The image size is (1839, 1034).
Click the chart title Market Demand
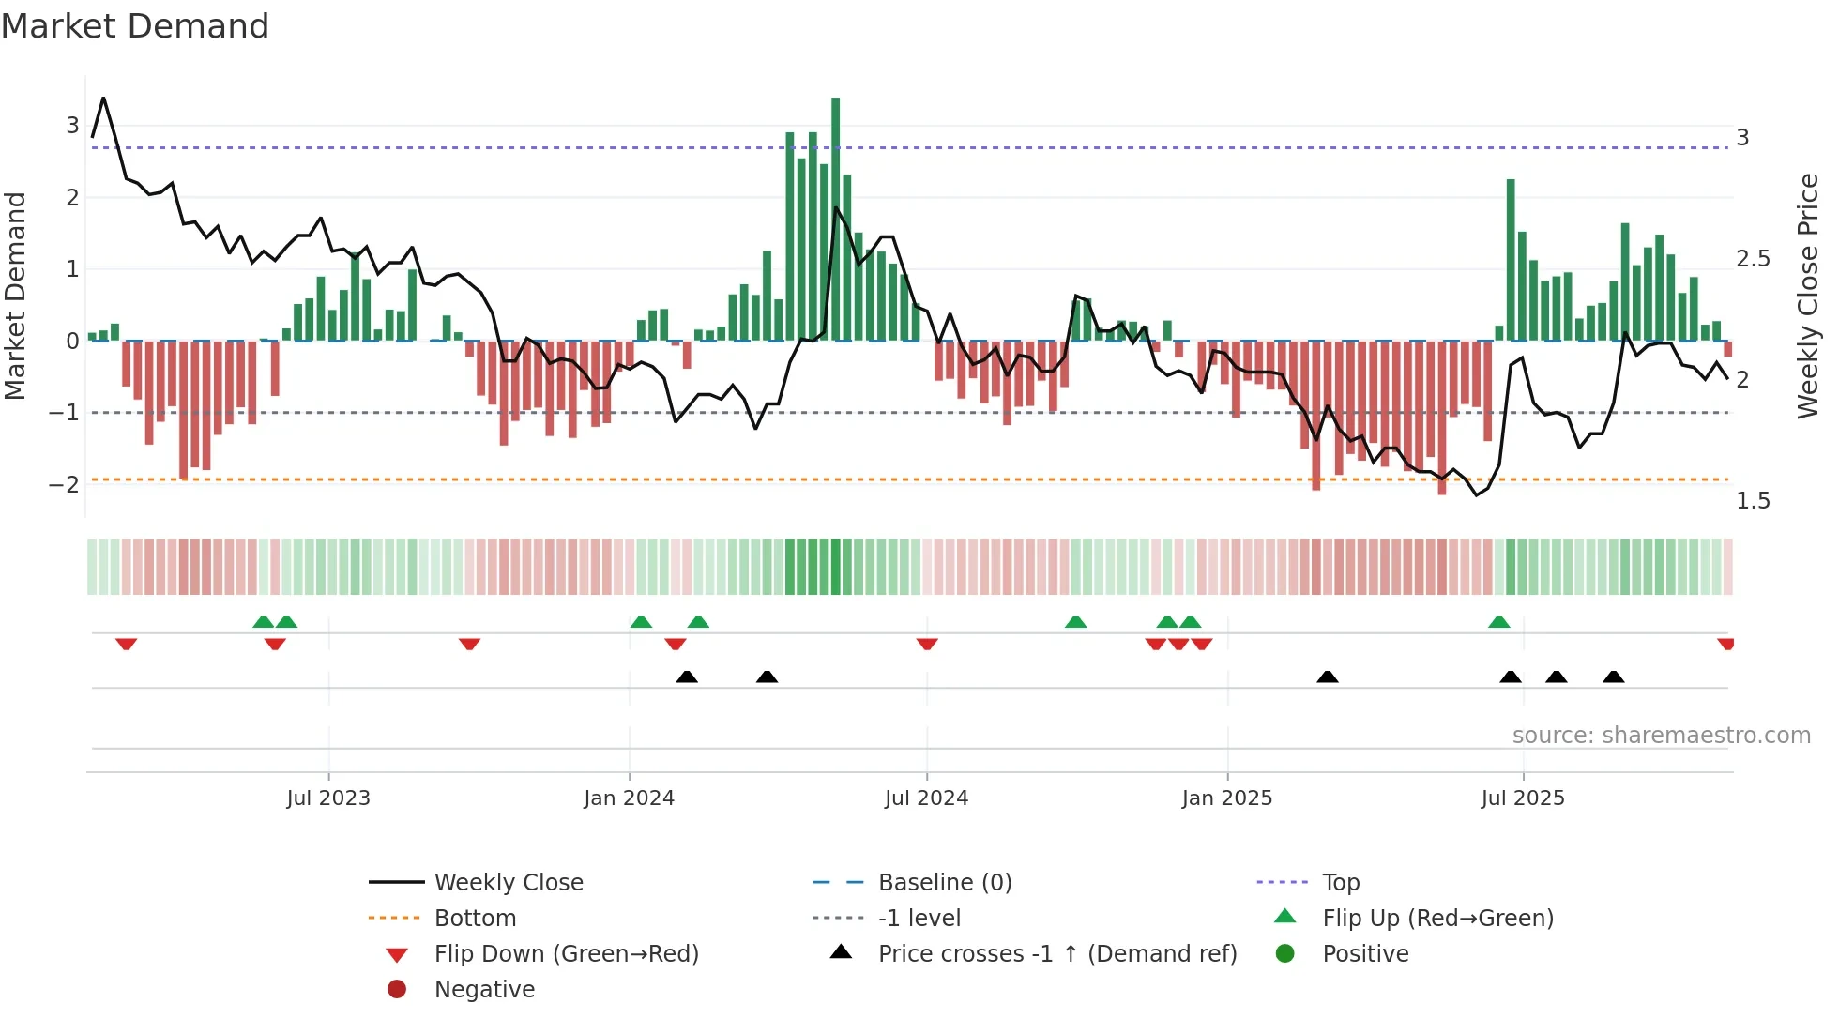point(135,26)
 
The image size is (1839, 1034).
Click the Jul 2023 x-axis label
point(328,798)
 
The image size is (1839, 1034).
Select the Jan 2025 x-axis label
point(1226,798)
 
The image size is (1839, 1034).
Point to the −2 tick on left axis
point(64,485)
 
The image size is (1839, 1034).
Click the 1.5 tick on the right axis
point(1753,501)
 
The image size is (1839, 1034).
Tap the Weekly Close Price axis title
point(1807,296)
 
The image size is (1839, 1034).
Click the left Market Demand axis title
point(16,296)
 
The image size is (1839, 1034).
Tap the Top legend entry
point(1341,883)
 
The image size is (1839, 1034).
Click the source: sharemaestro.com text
point(1661,736)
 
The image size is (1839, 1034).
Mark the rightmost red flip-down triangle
point(1725,644)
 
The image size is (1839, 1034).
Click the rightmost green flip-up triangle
point(1498,622)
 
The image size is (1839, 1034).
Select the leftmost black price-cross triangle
point(687,677)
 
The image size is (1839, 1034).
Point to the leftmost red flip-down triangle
point(126,644)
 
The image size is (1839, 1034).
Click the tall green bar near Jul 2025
point(1511,260)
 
